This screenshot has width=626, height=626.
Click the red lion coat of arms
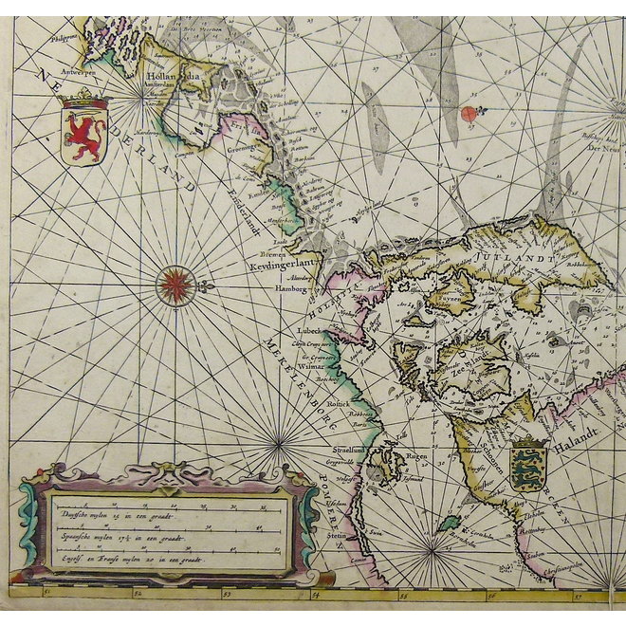83,130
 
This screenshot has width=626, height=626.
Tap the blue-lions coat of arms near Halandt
528,464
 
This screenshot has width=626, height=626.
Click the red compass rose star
176,285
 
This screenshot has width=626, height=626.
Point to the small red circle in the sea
469,113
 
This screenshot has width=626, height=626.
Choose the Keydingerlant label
285,268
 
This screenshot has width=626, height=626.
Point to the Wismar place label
310,364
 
